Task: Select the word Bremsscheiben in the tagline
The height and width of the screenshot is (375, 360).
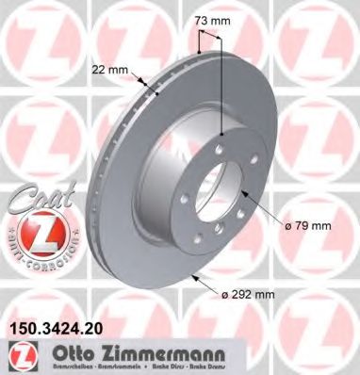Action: point(59,367)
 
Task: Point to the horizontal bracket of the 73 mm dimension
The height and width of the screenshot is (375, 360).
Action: point(210,36)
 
